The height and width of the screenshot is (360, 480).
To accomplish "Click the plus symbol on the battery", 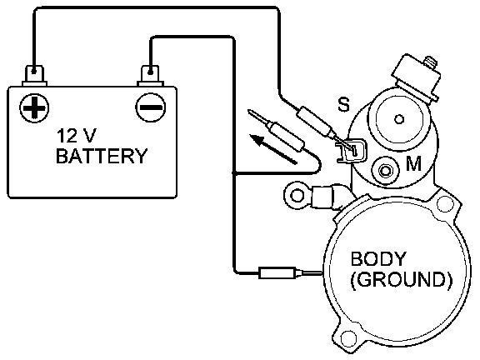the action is pyautogui.click(x=34, y=108).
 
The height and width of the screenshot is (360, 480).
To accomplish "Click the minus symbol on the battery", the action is pyautogui.click(x=150, y=107).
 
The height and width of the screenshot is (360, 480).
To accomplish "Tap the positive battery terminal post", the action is pyautogui.click(x=34, y=75).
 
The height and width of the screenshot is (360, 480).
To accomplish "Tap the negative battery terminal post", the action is pyautogui.click(x=150, y=75).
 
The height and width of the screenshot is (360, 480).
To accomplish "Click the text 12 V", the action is pyautogui.click(x=76, y=136).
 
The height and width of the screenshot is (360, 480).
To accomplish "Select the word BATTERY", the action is pyautogui.click(x=102, y=156).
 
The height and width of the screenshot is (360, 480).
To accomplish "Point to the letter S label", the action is pyautogui.click(x=343, y=104).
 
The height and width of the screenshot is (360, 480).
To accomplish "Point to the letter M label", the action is pyautogui.click(x=413, y=163).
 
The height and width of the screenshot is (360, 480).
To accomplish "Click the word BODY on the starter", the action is pyautogui.click(x=378, y=259).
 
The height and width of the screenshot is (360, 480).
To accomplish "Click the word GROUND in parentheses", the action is pyautogui.click(x=401, y=279).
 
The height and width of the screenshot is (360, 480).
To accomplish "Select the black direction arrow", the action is pyautogui.click(x=272, y=149).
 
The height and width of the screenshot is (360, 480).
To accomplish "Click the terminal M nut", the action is pyautogui.click(x=385, y=170).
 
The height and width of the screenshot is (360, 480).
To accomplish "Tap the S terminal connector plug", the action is pyautogui.click(x=352, y=150).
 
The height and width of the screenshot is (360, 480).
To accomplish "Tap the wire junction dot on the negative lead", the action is pyautogui.click(x=234, y=173).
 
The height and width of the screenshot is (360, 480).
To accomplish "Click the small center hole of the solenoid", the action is pyautogui.click(x=399, y=119).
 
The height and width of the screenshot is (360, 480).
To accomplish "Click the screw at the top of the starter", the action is pyautogui.click(x=430, y=62).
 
